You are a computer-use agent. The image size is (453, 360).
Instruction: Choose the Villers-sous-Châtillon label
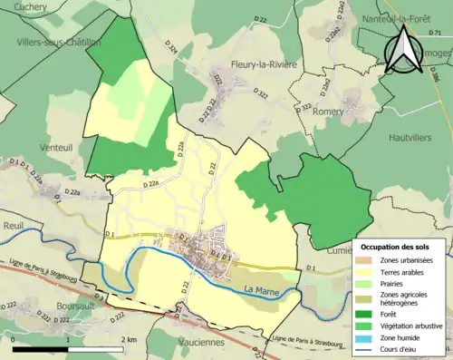tap(57, 43)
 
